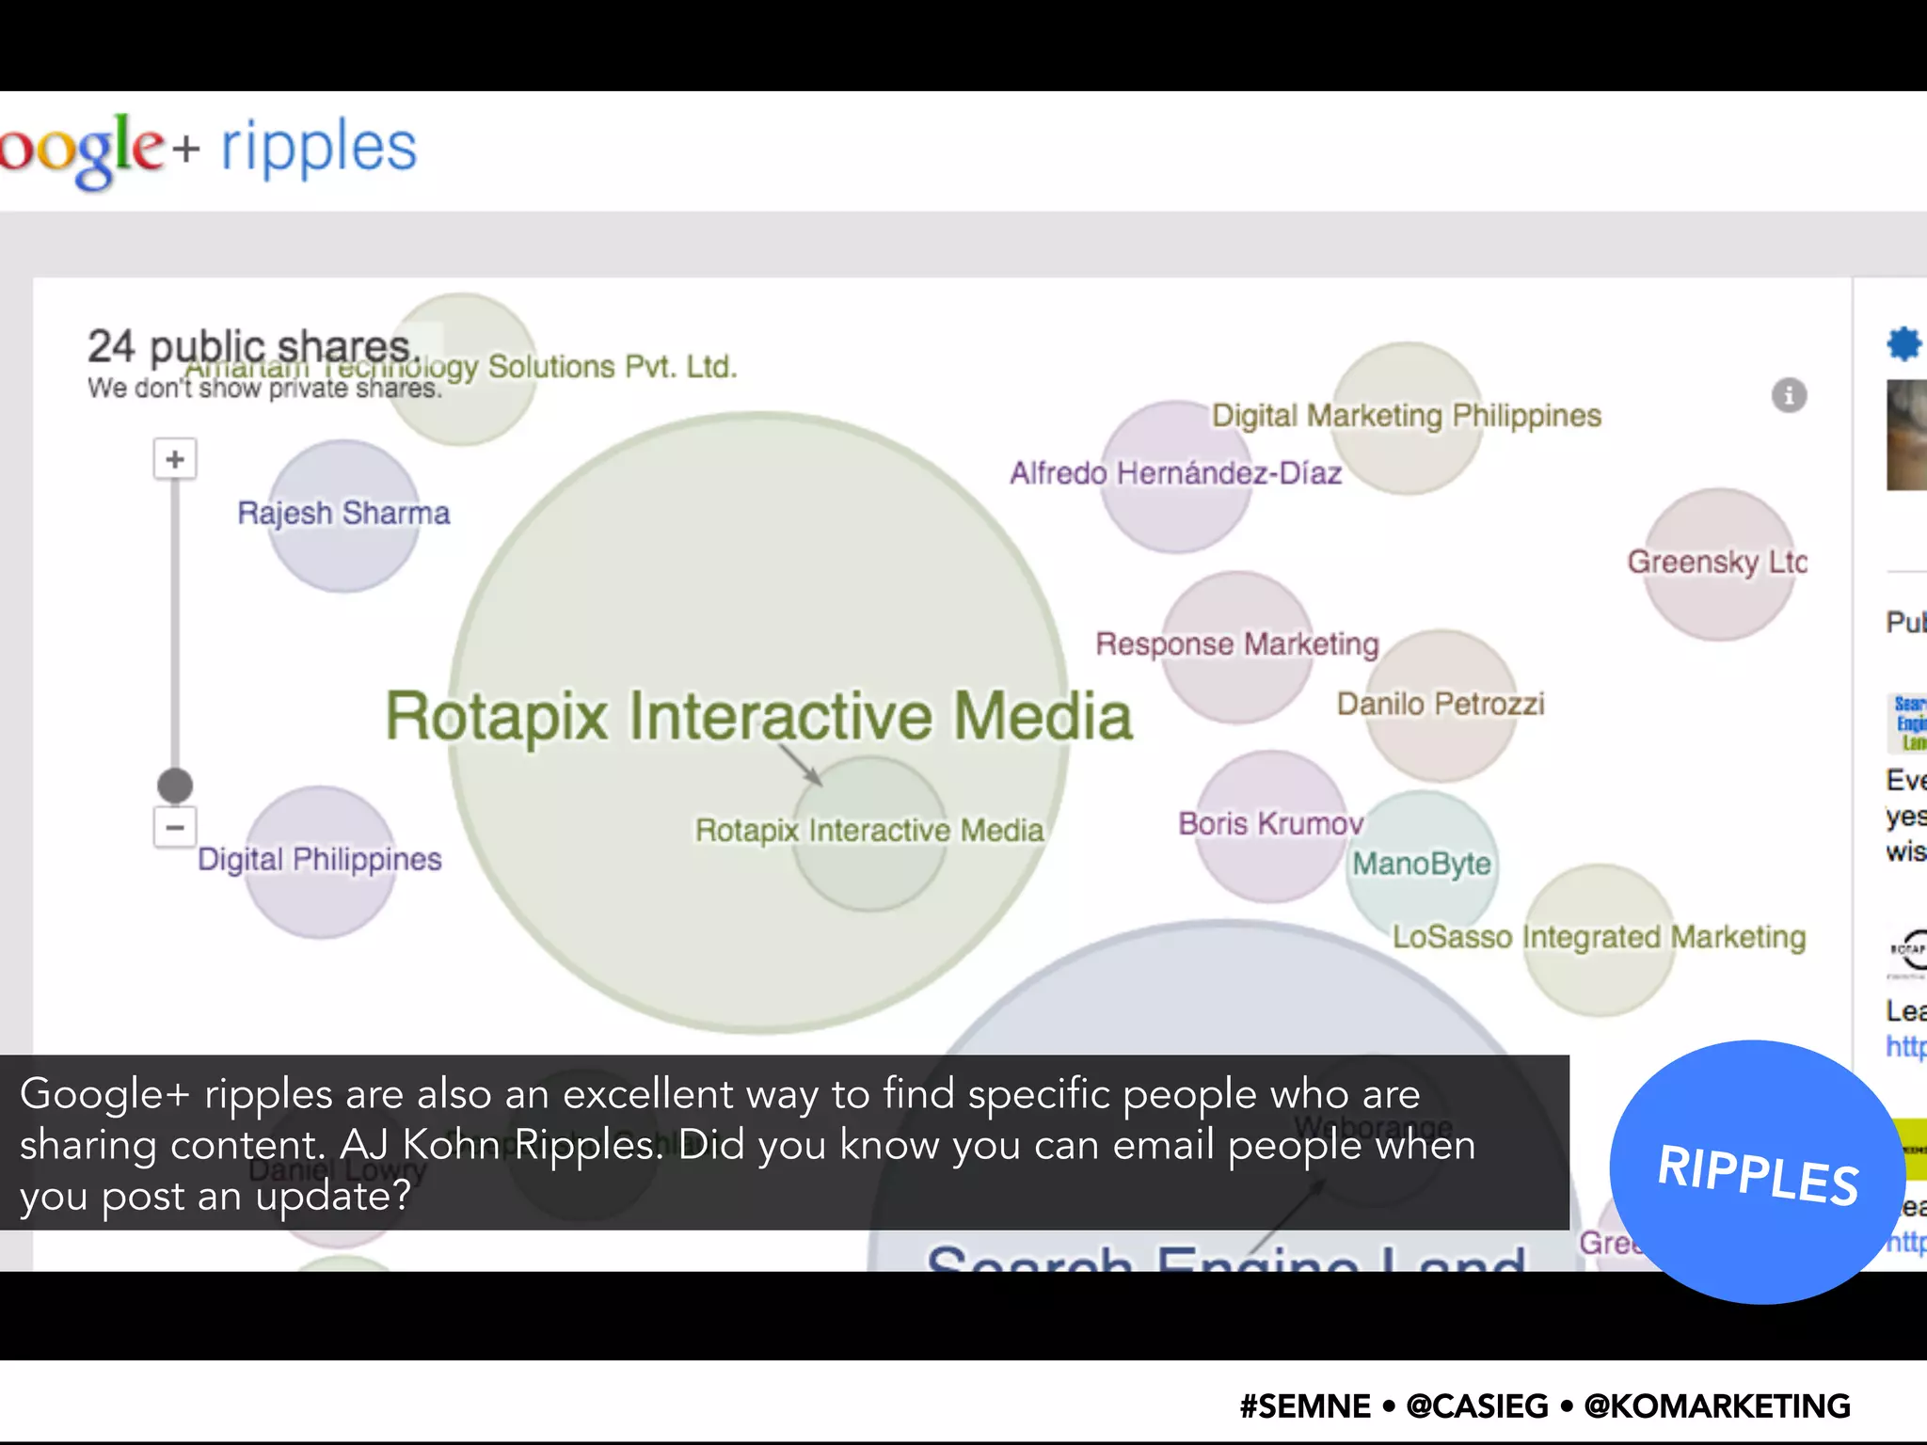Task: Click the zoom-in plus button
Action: tap(175, 459)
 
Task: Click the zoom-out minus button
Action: tap(175, 827)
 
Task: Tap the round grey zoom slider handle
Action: tap(175, 785)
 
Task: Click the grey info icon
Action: tap(1789, 395)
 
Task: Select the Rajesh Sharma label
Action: tap(343, 514)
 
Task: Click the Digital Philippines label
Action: tap(319, 860)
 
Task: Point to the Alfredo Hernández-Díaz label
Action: tap(1175, 472)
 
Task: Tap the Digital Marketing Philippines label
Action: tap(1406, 415)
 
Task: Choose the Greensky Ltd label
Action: tap(1716, 562)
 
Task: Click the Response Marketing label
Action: tap(1236, 644)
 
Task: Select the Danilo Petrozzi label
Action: tap(1440, 704)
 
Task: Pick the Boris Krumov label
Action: tap(1270, 824)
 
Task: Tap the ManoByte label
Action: tap(1421, 864)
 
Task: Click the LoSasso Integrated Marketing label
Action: tap(1598, 937)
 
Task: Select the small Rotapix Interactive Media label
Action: tap(868, 831)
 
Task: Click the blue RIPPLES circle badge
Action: tap(1757, 1172)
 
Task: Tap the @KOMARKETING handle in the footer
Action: tap(1716, 1406)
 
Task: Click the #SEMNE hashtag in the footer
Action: tap(1304, 1406)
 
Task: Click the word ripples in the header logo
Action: tap(318, 149)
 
